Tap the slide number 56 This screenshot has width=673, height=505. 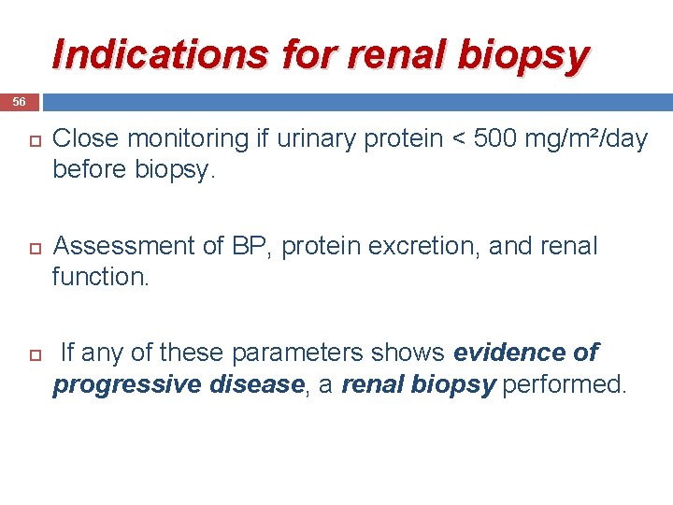20,101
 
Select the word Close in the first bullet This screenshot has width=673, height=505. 86,138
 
